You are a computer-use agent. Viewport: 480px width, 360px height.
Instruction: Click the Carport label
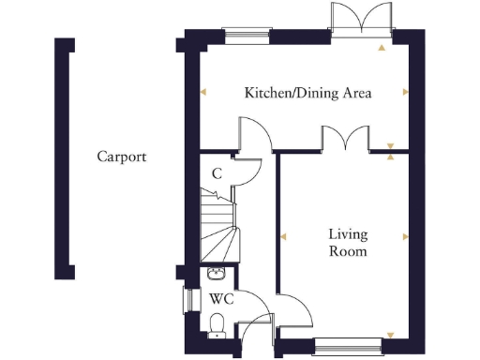click(122, 157)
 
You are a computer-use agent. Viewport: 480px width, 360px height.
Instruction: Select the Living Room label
click(346, 243)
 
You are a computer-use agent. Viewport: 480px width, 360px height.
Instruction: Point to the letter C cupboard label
click(216, 173)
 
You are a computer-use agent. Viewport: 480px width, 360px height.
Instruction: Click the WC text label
click(221, 299)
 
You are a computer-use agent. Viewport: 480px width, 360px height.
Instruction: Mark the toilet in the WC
click(217, 324)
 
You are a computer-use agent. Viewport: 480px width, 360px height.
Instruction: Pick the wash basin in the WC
click(217, 273)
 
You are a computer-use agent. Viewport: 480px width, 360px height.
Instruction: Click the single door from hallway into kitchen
click(256, 134)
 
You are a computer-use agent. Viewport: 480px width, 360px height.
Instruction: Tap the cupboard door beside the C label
click(246, 170)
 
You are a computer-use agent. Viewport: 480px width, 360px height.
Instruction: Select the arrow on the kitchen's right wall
click(405, 92)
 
